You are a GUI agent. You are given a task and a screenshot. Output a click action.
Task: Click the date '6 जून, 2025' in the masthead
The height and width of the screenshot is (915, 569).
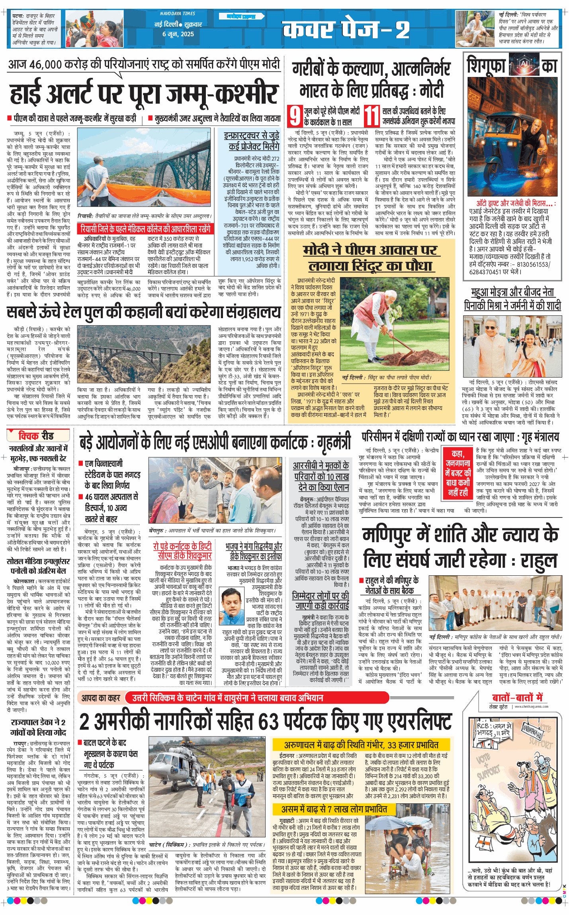pos(178,34)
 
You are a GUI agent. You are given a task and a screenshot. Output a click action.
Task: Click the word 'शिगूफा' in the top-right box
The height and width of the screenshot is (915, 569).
pos(487,66)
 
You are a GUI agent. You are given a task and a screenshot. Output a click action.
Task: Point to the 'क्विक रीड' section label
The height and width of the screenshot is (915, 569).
pos(36,436)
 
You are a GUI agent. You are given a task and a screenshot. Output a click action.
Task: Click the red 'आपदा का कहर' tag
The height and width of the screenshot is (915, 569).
pos(101,698)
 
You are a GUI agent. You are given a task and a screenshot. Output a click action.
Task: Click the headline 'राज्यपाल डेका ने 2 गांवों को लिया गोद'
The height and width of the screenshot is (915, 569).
pos(38,727)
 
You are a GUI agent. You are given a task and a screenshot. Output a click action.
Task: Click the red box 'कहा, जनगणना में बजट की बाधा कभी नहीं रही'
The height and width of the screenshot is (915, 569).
pos(458,473)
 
